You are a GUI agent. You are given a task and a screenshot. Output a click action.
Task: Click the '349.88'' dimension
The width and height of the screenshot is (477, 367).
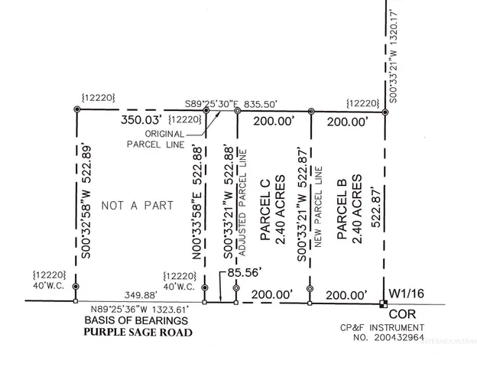pyautogui.click(x=144, y=294)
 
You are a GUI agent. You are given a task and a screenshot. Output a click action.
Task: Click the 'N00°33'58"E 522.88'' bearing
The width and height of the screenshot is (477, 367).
pyautogui.click(x=197, y=205)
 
